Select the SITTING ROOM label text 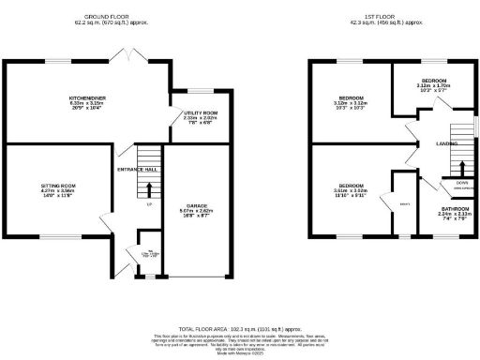[x=56, y=186]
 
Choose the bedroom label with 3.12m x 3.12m [x=352, y=97]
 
